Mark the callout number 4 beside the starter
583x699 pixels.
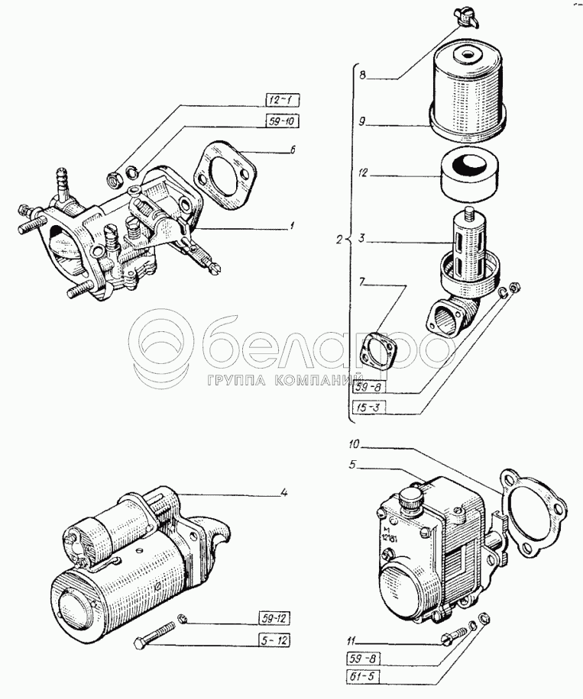(x=283, y=492)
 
